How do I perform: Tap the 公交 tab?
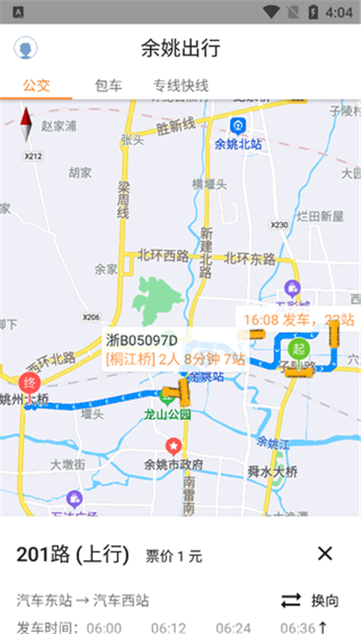point(37,85)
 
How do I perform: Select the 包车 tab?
point(108,85)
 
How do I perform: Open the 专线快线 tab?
point(180,85)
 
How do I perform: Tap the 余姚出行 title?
point(180,48)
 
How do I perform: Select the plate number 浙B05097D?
point(142,341)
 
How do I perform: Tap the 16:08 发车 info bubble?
point(298,319)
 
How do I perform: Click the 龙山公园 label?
point(169,413)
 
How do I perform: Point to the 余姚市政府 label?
point(174,464)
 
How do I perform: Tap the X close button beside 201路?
point(325,554)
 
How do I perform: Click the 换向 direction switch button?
point(310,601)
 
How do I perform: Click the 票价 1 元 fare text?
point(173,556)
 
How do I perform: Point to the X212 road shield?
point(33,156)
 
